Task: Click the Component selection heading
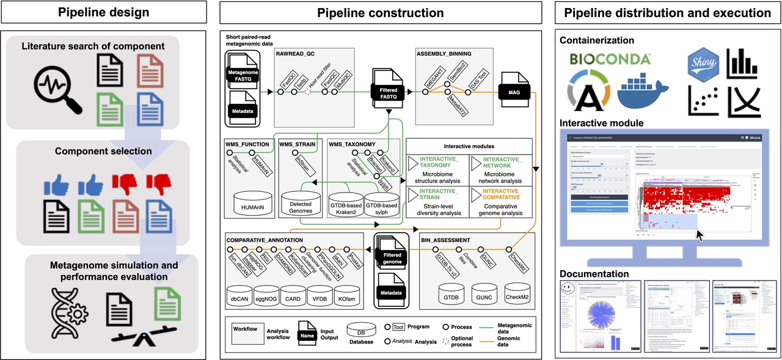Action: pyautogui.click(x=103, y=151)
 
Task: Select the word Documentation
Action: pyautogui.click(x=594, y=274)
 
